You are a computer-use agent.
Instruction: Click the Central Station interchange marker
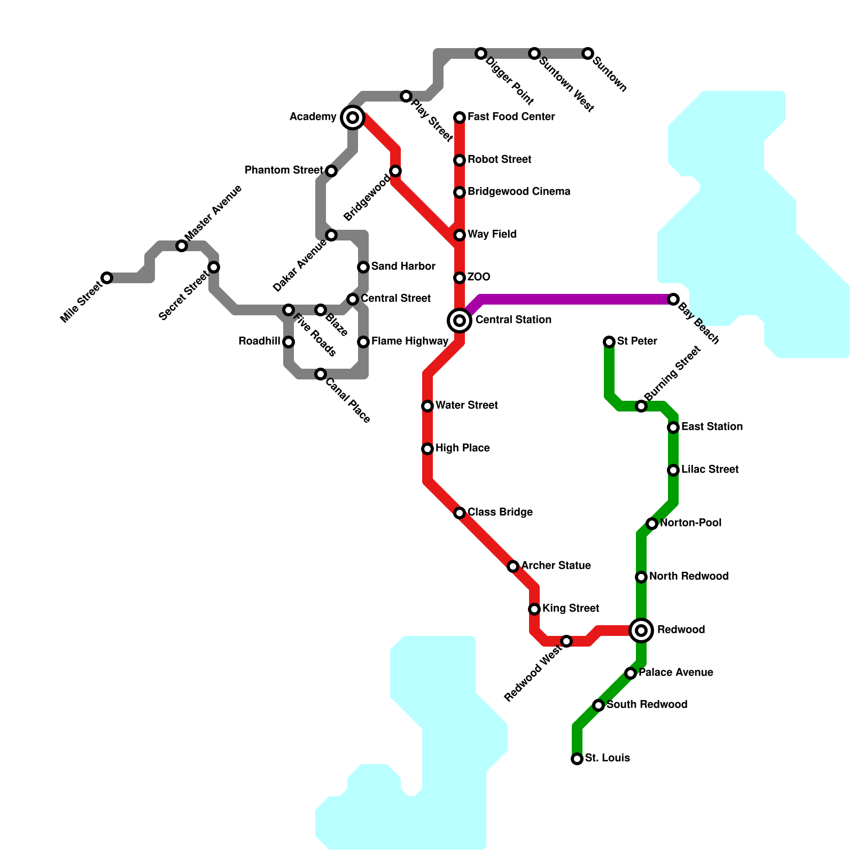coord(460,321)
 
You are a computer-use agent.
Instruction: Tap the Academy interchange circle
coord(353,117)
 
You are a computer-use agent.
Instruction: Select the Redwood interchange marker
coord(641,631)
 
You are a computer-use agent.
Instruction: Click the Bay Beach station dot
coord(673,299)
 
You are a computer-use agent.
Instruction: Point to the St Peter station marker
coord(609,342)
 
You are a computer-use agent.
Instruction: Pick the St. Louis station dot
coord(577,759)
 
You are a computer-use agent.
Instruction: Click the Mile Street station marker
coord(107,278)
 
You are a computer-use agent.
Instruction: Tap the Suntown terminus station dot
coord(588,53)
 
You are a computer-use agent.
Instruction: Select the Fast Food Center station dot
coord(460,118)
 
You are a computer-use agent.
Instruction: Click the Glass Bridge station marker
coord(460,513)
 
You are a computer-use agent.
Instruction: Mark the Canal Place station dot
coord(321,374)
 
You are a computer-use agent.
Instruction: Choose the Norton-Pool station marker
coord(651,524)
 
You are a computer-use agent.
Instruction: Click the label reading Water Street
coord(467,406)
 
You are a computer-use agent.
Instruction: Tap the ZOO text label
coord(479,277)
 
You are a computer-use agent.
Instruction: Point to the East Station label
coord(712,427)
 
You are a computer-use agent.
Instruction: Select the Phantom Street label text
coord(284,170)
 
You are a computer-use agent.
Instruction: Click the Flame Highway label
coord(410,341)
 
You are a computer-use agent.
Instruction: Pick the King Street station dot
coord(534,609)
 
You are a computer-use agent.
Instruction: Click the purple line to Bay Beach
coord(577,299)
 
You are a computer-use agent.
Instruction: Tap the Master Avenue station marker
coord(182,246)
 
